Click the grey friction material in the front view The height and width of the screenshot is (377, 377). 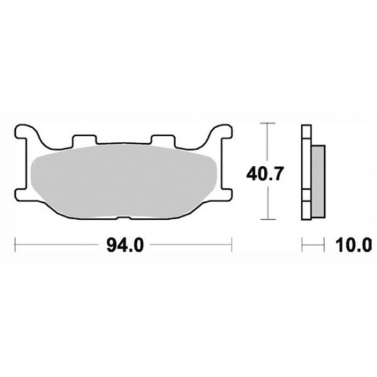[123, 182]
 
